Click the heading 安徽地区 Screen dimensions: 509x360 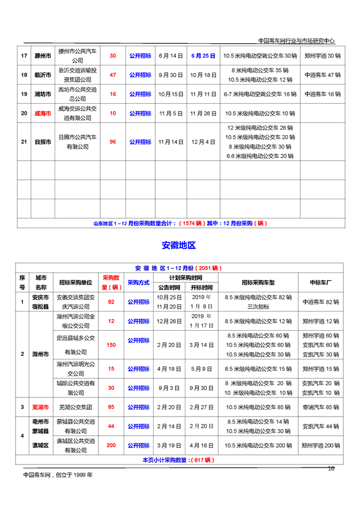(x=179, y=245)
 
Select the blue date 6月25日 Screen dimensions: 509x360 (x=203, y=56)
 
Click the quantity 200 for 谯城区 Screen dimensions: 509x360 (x=111, y=446)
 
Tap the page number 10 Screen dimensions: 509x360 (x=331, y=469)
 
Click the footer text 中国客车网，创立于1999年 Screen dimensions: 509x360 (x=58, y=475)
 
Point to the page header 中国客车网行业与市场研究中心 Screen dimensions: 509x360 (x=296, y=41)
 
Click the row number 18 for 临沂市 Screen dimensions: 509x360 (x=24, y=75)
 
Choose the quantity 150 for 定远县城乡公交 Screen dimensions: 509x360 (x=111, y=345)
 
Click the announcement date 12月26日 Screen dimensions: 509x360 (x=170, y=321)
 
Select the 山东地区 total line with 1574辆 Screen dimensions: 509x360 (x=179, y=223)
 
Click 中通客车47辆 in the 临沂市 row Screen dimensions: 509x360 (x=322, y=75)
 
